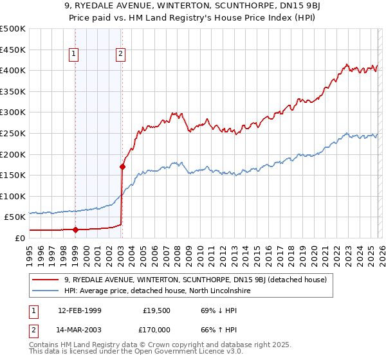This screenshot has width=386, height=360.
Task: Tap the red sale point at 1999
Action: (75, 230)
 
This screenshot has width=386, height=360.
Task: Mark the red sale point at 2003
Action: (122, 166)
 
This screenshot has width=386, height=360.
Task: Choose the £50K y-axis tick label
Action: (15, 217)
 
